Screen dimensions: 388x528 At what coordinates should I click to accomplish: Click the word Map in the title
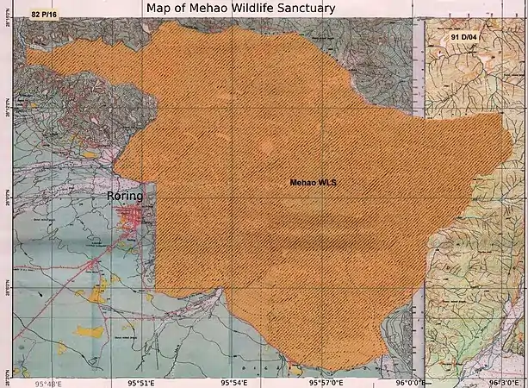[x=160, y=8]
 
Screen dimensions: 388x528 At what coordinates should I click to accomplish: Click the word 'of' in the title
[x=184, y=8]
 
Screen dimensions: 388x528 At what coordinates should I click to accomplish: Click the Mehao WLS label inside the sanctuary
[x=313, y=183]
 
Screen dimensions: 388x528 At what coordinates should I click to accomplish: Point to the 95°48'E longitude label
[x=50, y=382]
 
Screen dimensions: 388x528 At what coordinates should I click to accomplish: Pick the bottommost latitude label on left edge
[x=9, y=372]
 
